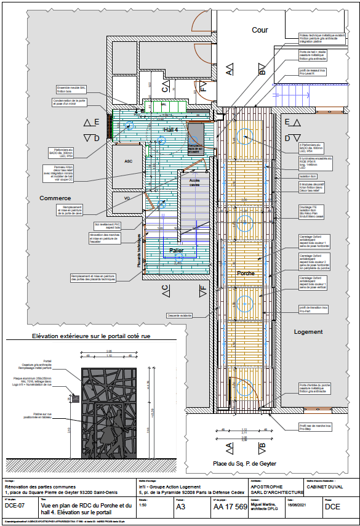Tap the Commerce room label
(55, 198)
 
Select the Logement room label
(308, 332)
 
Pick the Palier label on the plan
(177, 251)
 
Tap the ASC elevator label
(129, 161)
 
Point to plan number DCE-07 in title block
(15, 506)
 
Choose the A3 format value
(181, 507)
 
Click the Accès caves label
(194, 182)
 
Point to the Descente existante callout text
(178, 315)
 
